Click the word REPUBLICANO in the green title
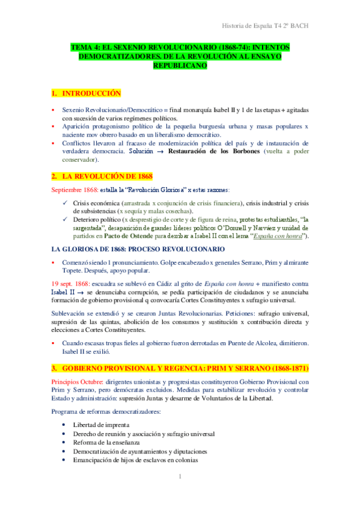180,66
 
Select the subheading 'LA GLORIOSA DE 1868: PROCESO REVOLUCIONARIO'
138,248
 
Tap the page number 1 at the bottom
180,477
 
